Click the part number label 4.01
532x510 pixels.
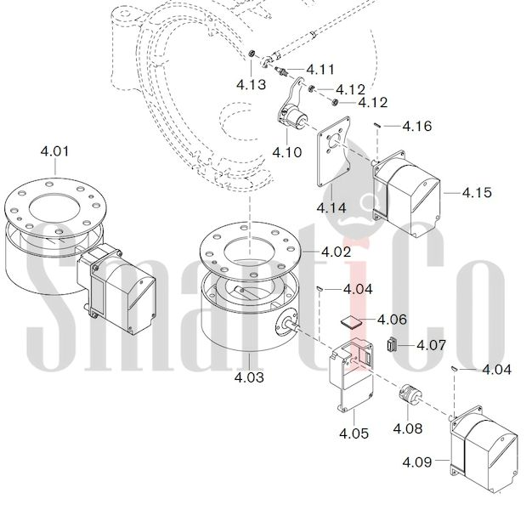[54, 151]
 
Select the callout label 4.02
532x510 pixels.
[336, 252]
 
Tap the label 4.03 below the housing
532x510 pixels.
[249, 377]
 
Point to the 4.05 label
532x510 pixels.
[354, 433]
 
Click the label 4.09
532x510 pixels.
[417, 462]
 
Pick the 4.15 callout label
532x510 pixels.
[477, 193]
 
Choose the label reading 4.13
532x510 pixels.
[251, 84]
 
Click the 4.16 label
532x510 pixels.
[417, 127]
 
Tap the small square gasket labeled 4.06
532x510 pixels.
[351, 321]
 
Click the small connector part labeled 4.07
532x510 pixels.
[392, 345]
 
